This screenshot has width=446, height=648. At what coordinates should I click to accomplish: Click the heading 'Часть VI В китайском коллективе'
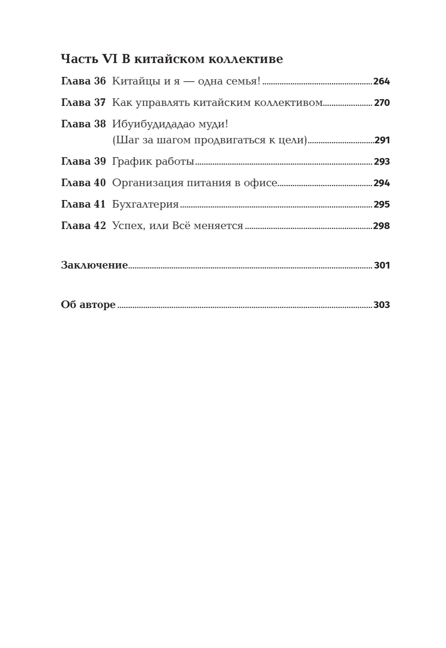click(172, 59)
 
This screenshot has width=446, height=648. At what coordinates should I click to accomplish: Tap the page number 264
click(381, 82)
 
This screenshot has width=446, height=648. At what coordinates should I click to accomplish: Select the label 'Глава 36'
click(84, 81)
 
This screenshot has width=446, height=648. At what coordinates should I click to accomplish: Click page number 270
click(382, 103)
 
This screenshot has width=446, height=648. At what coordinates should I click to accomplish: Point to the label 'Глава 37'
click(84, 103)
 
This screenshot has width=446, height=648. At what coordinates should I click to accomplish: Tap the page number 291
click(382, 140)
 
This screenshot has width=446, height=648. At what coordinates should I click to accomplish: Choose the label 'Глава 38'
click(84, 124)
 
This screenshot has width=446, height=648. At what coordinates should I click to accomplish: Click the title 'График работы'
click(153, 162)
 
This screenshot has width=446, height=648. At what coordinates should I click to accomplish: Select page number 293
click(382, 162)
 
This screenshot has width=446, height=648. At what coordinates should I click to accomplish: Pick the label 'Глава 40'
click(84, 183)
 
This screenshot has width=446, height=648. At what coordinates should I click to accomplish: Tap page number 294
click(382, 183)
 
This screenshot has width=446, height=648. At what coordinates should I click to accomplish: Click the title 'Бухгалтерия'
click(145, 205)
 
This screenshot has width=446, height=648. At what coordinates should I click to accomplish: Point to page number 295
click(382, 205)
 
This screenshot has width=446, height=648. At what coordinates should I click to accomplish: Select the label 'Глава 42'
click(84, 226)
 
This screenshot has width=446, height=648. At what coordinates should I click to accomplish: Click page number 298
click(381, 226)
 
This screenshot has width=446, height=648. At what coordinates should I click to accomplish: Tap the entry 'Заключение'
click(94, 265)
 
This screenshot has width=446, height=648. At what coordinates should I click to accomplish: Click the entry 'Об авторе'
click(88, 305)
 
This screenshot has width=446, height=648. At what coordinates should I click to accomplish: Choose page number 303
click(382, 305)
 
